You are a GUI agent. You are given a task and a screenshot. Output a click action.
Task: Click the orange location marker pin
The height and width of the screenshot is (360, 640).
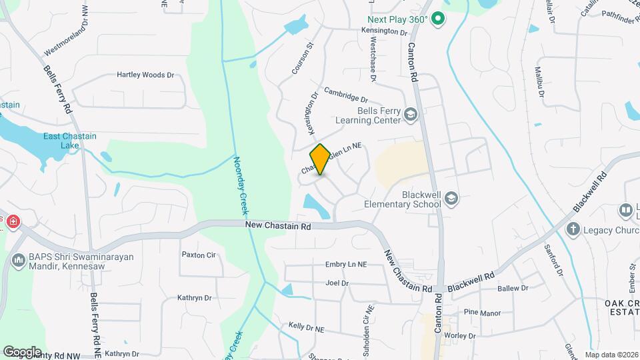point(320,159)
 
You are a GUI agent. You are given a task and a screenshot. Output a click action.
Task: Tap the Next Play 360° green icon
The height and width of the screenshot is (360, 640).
point(438,19)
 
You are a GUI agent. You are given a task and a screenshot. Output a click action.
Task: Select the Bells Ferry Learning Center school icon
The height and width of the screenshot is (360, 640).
point(411,115)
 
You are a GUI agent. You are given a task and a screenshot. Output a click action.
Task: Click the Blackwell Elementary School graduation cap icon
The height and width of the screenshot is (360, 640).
point(452,198)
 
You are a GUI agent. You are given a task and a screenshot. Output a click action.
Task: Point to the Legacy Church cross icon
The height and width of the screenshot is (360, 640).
point(573,229)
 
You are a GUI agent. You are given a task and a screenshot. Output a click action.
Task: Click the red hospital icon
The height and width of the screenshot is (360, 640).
point(13,221)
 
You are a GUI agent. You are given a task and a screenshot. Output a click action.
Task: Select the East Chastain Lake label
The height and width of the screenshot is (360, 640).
point(70,141)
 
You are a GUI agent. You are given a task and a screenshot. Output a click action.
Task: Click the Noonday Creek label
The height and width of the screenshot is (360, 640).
point(241,185)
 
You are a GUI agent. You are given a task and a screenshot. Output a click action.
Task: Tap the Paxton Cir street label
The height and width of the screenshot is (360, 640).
point(199,255)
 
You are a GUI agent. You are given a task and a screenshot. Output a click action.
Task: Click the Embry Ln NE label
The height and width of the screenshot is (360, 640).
point(346,265)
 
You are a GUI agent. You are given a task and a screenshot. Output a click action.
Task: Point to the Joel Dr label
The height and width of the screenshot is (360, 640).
point(337,283)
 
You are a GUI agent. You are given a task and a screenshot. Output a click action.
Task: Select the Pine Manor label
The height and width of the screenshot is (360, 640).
point(481,312)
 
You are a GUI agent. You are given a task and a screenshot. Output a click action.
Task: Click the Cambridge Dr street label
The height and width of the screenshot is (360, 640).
point(346,95)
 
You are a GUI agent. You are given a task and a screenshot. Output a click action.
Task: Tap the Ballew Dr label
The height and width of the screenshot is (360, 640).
point(513,289)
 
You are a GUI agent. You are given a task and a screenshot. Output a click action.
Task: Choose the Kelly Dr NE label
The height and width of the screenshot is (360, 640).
point(306,328)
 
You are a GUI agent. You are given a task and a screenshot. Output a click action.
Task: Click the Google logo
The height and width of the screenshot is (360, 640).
point(22,351)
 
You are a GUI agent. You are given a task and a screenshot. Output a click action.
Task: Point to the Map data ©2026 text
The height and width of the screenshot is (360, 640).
point(611,355)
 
